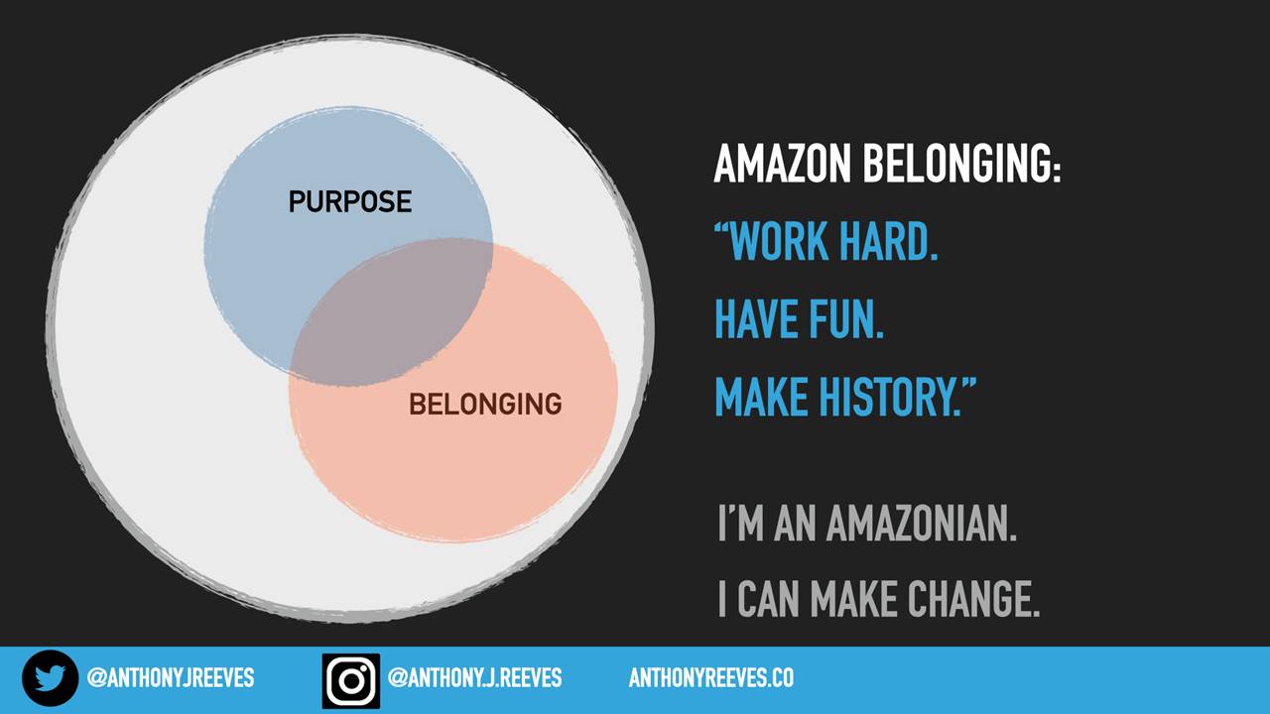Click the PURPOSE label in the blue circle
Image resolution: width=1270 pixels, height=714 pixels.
click(x=350, y=201)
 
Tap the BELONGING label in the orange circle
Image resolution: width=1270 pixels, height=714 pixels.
click(x=485, y=404)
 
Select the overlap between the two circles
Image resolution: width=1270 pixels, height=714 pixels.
click(x=391, y=312)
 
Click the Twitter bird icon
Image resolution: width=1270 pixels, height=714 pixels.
click(x=50, y=678)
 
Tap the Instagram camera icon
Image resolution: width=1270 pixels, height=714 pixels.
click(x=351, y=680)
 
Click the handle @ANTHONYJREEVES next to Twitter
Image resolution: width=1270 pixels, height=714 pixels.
click(x=170, y=677)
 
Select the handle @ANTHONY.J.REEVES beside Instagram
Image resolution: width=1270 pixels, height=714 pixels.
click(x=474, y=677)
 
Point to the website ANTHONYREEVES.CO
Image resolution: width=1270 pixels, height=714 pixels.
click(x=711, y=677)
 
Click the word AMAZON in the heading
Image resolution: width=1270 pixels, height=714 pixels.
click(x=783, y=164)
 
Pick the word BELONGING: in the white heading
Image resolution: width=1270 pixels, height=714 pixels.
click(x=961, y=164)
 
